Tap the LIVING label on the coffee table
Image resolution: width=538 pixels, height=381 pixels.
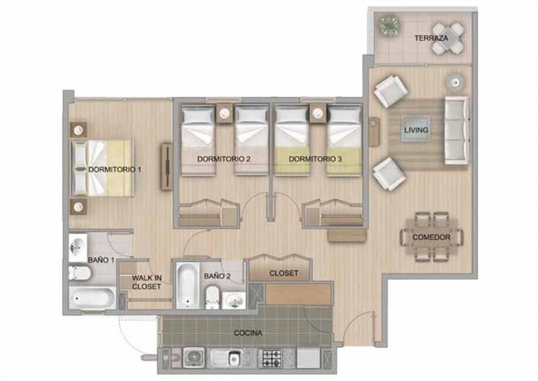click(x=416, y=130)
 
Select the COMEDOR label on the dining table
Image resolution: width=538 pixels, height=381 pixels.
click(x=431, y=237)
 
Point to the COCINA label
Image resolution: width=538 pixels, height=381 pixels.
click(x=247, y=333)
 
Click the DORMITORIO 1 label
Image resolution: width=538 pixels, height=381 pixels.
click(x=115, y=170)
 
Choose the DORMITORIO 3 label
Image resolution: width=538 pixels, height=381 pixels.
click(x=315, y=159)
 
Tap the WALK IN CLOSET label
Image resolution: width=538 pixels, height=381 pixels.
click(x=147, y=282)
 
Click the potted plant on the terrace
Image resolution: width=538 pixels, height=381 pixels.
click(x=389, y=25)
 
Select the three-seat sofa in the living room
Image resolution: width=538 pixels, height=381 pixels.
click(x=457, y=131)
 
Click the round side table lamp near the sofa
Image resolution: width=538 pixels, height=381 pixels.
click(x=455, y=82)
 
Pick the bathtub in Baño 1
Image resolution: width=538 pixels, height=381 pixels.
click(x=93, y=298)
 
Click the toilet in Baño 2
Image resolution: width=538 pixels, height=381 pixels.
click(x=213, y=298)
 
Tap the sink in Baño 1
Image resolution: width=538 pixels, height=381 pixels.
click(x=78, y=247)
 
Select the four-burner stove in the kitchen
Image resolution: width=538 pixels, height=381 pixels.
click(x=270, y=359)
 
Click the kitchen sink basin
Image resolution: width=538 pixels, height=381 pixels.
click(x=234, y=359)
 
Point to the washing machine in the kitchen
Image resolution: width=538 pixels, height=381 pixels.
click(x=194, y=358)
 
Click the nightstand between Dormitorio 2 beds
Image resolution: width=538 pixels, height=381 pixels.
click(x=224, y=114)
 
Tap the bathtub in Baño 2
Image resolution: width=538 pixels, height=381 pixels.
click(x=188, y=285)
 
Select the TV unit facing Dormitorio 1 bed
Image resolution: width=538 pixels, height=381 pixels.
click(x=167, y=167)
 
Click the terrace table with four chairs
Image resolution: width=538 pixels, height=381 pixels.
click(x=448, y=38)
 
